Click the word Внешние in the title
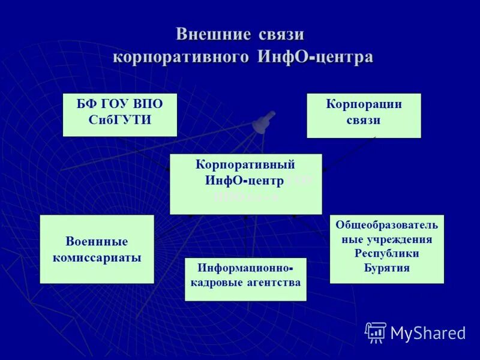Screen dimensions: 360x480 click(213, 34)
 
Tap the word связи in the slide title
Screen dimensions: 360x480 click(282, 34)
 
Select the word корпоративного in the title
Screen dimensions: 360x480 click(181, 57)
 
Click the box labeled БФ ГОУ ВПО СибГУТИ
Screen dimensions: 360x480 click(120, 115)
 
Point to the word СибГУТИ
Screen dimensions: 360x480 click(120, 120)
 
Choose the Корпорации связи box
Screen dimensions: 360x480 click(364, 116)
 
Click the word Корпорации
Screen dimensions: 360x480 click(364, 104)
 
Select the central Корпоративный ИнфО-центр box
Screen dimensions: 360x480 click(245, 184)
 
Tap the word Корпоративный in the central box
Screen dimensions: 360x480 click(245, 164)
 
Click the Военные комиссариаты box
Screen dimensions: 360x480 click(97, 249)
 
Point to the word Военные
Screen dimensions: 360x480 click(97, 241)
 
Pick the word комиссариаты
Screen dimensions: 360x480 click(97, 258)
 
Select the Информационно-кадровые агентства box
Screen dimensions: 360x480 click(245, 279)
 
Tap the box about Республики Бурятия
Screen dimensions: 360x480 click(386, 248)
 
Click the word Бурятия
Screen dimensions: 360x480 click(386, 268)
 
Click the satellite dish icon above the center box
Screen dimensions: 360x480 click(263, 122)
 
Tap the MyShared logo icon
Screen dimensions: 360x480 click(376, 332)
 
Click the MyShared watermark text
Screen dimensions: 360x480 click(428, 333)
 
